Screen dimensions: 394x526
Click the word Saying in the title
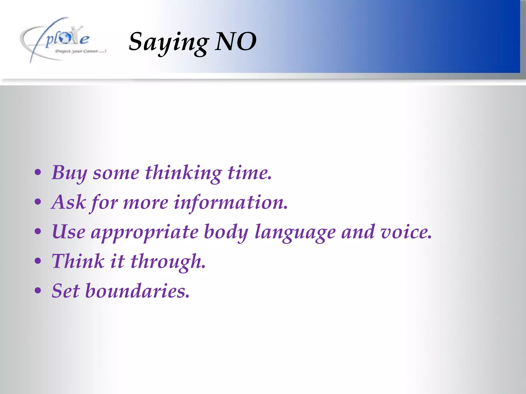click(x=168, y=42)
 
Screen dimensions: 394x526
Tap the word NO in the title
click(x=236, y=41)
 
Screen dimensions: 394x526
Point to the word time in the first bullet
click(x=249, y=173)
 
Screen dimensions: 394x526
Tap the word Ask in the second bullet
click(x=69, y=202)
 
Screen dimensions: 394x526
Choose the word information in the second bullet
click(x=230, y=202)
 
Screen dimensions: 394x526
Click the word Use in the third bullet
click(x=69, y=232)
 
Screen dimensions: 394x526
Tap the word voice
click(x=406, y=232)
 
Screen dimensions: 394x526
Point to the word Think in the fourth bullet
click(x=78, y=261)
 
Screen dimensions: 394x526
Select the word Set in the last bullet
click(x=65, y=291)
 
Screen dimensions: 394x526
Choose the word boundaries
click(x=137, y=291)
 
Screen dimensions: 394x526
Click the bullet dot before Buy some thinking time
click(x=38, y=173)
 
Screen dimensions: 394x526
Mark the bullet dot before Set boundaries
click(x=38, y=291)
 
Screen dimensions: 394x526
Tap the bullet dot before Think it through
click(x=38, y=261)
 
